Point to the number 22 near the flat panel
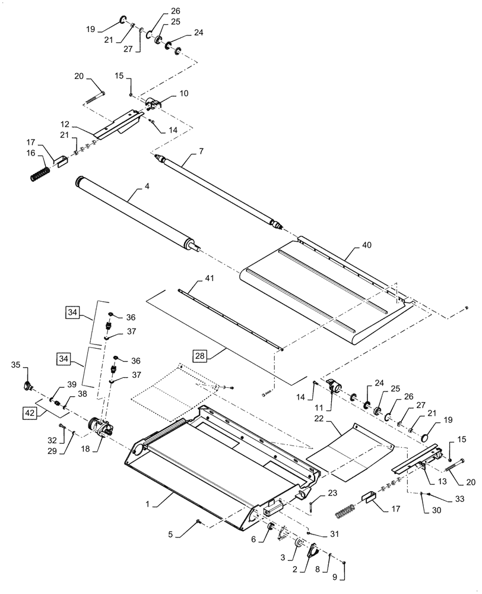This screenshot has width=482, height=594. [x=337, y=419]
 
